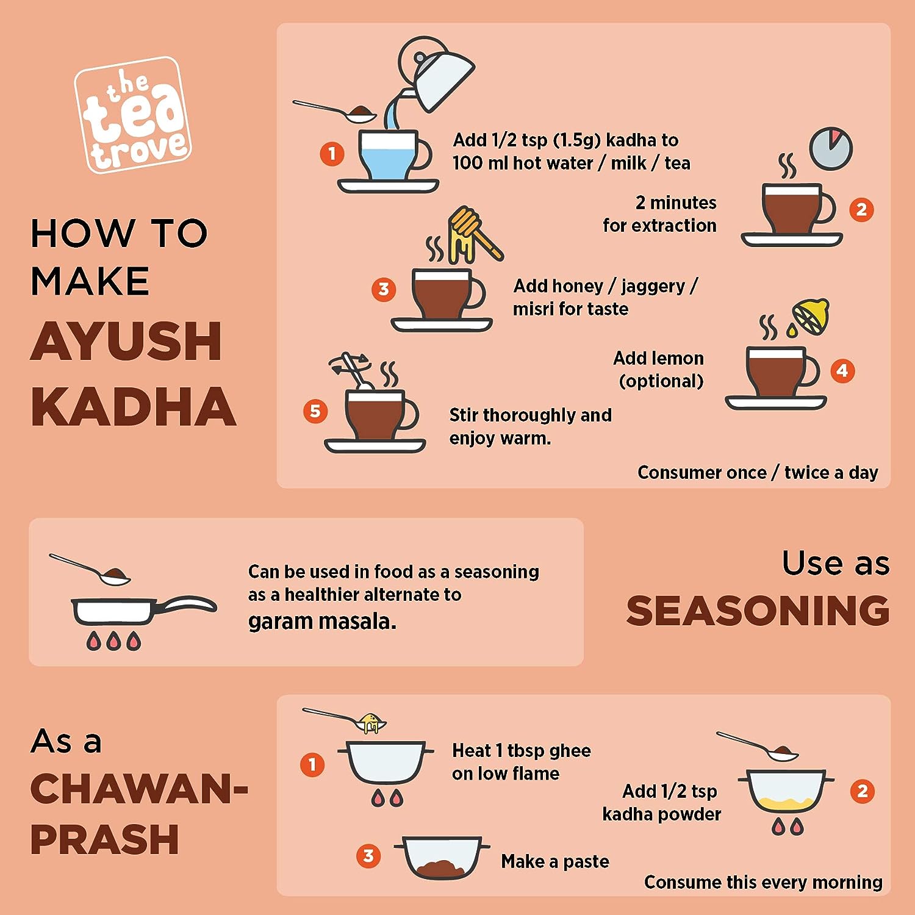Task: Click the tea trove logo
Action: (132, 115)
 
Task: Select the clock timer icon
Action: (831, 149)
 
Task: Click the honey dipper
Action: (474, 234)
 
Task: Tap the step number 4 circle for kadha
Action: (842, 370)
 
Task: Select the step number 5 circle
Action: (315, 411)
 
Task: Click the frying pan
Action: (144, 610)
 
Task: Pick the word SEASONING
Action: (758, 611)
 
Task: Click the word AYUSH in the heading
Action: (126, 341)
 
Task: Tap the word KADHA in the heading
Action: (133, 407)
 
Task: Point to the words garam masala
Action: (322, 622)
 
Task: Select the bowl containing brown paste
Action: (442, 858)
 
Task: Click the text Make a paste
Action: (555, 861)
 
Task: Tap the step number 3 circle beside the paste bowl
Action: (368, 856)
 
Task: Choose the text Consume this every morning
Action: (763, 882)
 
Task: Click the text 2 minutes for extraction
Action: (659, 214)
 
